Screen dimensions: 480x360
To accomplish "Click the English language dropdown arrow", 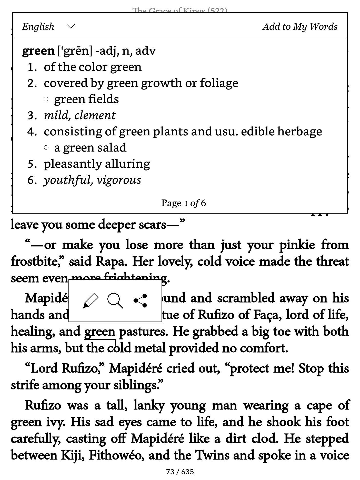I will point(71,26).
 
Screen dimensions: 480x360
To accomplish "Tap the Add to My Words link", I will point(300,26).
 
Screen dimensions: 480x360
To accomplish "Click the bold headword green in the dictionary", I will point(38,51).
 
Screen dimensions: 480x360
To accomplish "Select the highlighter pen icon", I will point(91,301).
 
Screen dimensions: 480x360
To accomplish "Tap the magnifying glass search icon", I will point(115,301).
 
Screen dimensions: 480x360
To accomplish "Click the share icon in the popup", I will point(140,301).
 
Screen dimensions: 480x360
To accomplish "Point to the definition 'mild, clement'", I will point(80,115).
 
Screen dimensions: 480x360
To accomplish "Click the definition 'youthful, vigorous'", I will point(92,180).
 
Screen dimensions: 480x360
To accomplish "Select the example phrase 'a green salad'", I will point(90,148).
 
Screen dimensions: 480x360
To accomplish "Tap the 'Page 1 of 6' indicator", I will point(184,203).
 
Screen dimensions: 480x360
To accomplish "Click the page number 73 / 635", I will point(180,472).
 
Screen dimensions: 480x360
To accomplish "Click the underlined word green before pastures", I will point(100,332).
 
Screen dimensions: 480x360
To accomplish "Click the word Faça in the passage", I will point(266,315).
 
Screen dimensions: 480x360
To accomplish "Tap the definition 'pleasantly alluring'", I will point(97,164).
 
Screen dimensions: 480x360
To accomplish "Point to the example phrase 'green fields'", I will point(86,99).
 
